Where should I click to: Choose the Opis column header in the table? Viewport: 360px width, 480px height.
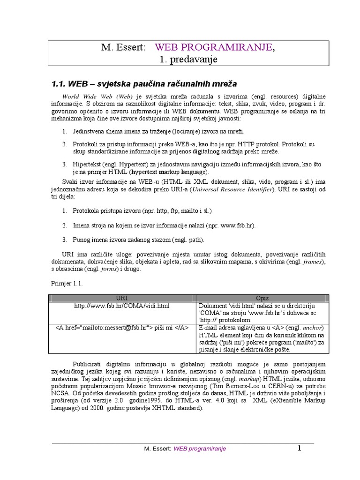tap(262, 298)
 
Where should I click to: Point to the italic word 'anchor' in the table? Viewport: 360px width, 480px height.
tap(313, 327)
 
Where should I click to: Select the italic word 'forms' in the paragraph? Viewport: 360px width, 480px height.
tap(105, 270)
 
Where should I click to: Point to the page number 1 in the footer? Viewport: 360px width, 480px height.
tap(299, 448)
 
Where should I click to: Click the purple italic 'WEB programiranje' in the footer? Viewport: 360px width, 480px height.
tap(200, 449)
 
